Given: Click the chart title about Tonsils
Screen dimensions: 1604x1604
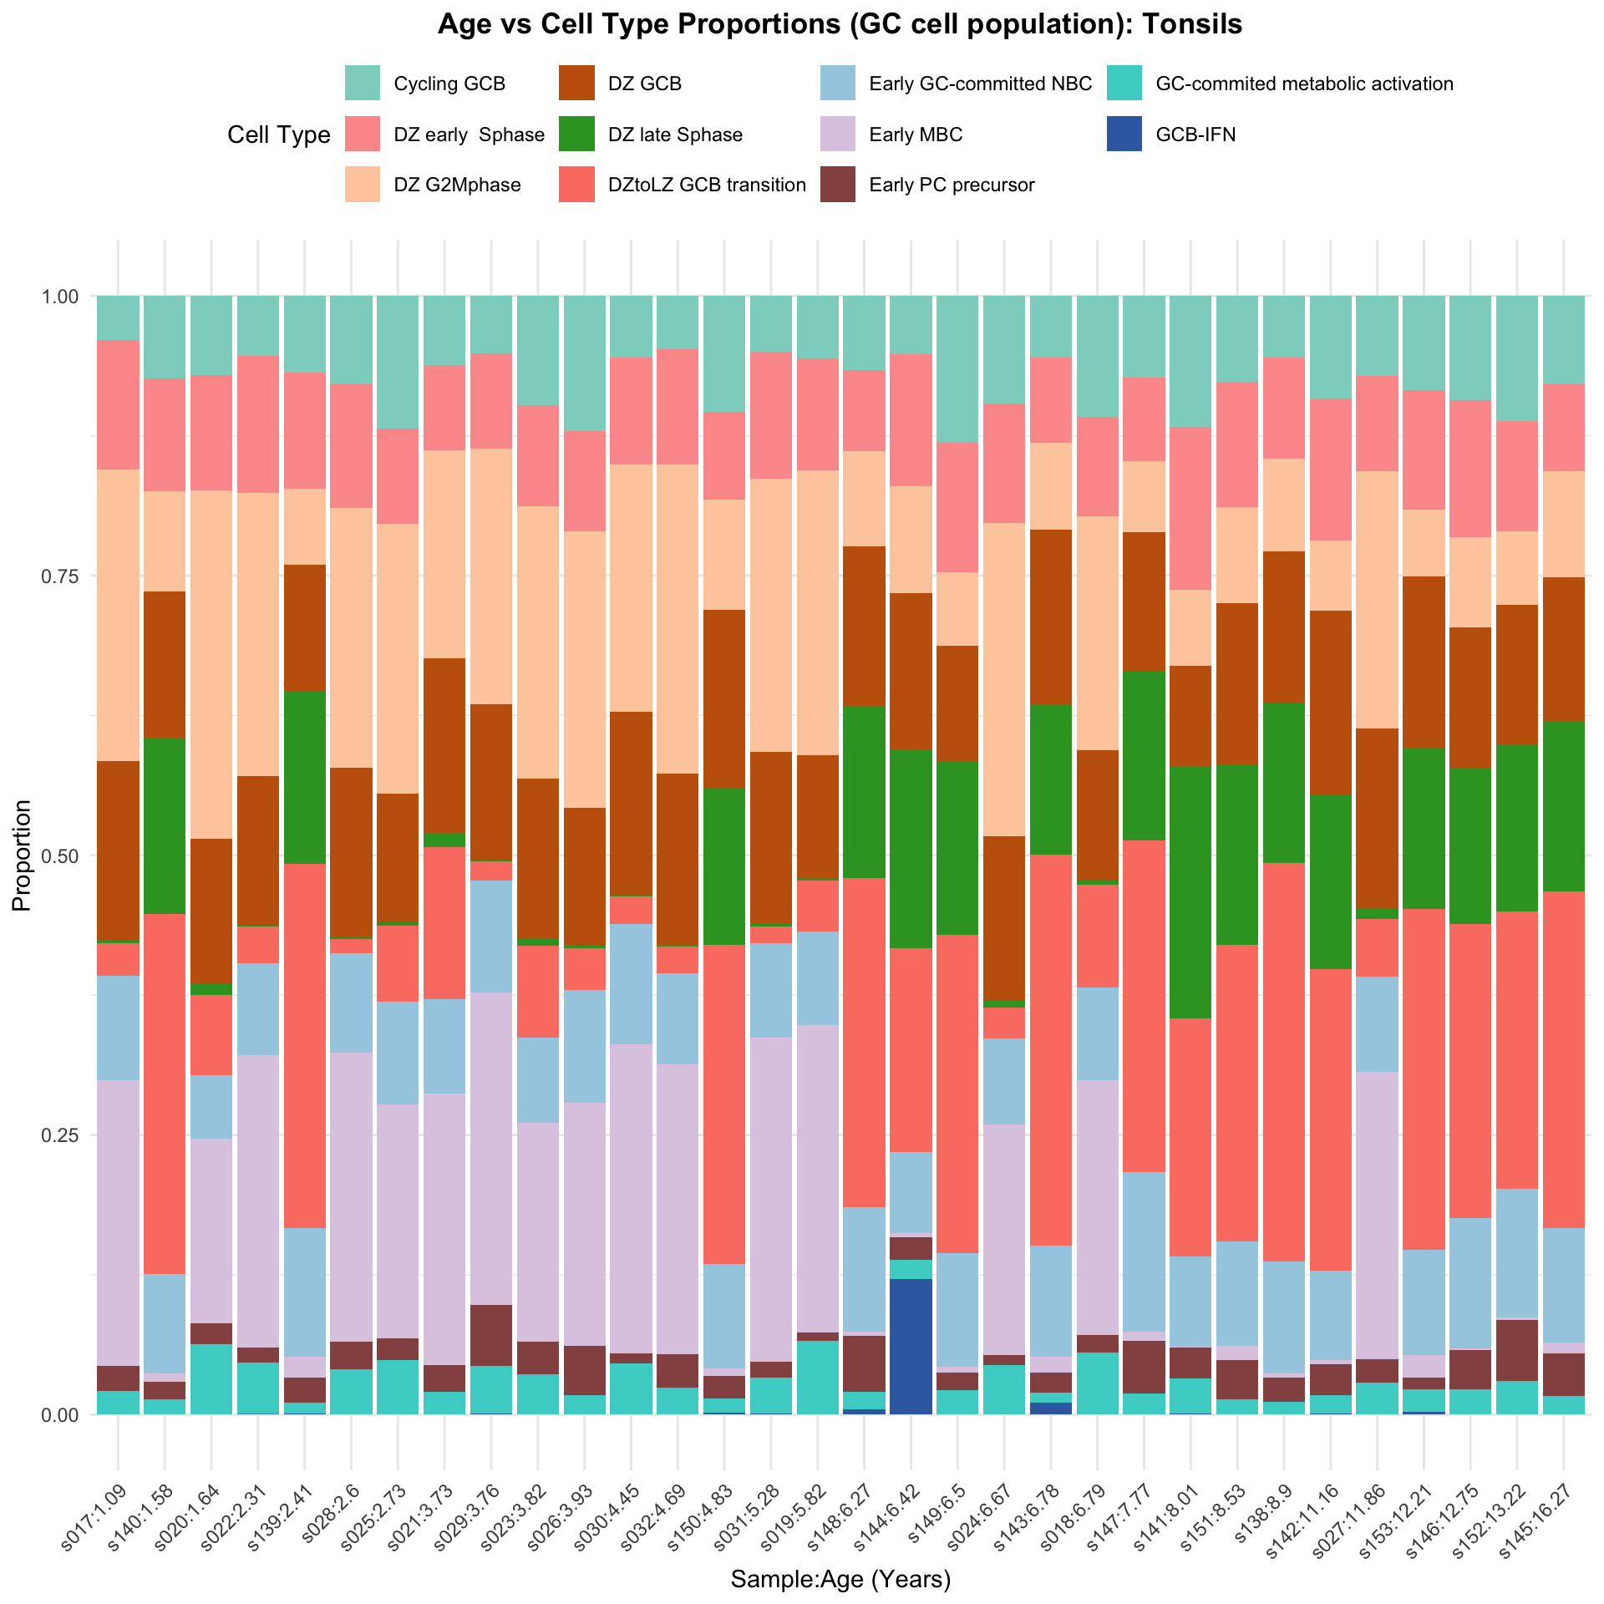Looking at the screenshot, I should pyautogui.click(x=840, y=25).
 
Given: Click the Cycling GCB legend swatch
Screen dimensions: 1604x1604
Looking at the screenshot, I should pyautogui.click(x=363, y=84).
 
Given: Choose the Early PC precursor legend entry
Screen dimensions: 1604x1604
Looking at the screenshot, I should pyautogui.click(x=952, y=185).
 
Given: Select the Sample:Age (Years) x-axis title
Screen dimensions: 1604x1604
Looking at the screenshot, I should pyautogui.click(x=840, y=1579).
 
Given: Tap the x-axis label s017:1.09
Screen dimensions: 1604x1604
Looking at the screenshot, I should pyautogui.click(x=94, y=1491).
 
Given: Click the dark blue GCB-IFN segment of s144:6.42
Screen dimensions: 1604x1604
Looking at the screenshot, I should pyautogui.click(x=911, y=1346).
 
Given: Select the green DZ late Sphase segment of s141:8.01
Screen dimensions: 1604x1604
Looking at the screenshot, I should pyautogui.click(x=1190, y=892).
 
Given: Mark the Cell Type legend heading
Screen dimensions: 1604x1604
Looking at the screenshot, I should pyautogui.click(x=279, y=135).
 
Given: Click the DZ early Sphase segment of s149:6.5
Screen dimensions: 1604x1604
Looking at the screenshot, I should pyautogui.click(x=957, y=507).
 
